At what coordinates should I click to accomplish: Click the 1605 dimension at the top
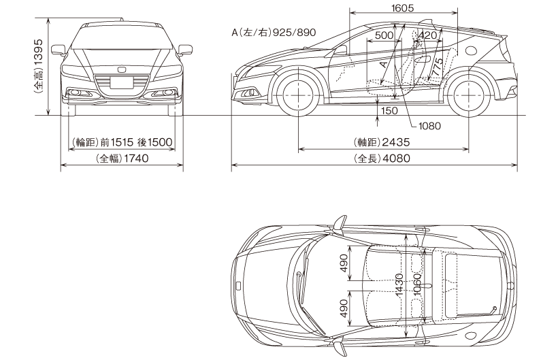[x=404, y=8]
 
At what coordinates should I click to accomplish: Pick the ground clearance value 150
[x=389, y=110]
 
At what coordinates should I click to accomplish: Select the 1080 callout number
[x=430, y=126]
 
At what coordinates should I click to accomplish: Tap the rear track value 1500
[x=161, y=142]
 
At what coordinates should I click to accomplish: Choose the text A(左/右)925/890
[x=274, y=33]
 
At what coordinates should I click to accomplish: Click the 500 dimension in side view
[x=384, y=35]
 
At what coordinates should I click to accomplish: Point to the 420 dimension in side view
[x=428, y=35]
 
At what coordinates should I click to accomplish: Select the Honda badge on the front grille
[x=122, y=69]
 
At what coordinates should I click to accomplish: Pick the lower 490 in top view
[x=344, y=309]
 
